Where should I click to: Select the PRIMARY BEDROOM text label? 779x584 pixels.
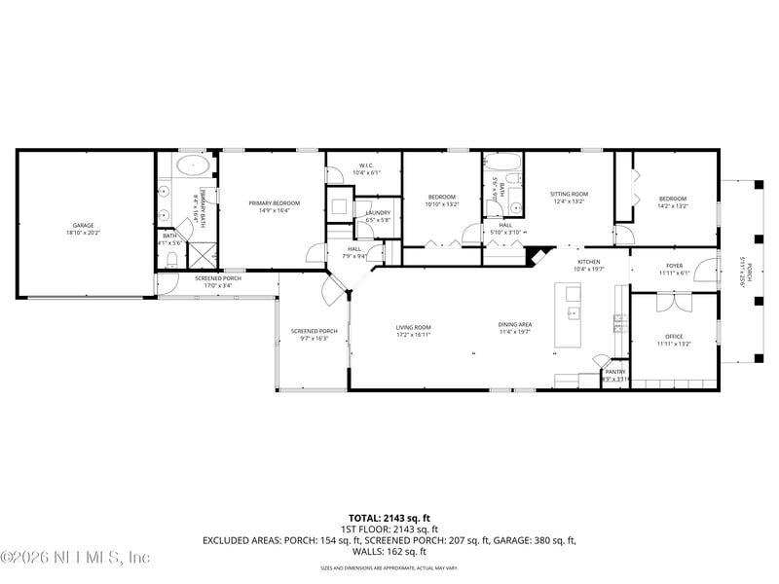(274, 202)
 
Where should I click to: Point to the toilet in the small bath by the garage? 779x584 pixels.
(171, 259)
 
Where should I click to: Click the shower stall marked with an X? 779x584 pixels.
(202, 256)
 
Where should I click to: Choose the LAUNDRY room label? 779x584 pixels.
(378, 212)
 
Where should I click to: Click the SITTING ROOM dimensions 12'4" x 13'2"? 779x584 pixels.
(569, 201)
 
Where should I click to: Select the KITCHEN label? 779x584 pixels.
(589, 262)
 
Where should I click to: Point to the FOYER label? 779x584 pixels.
(674, 265)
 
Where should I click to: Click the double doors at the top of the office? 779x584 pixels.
(673, 303)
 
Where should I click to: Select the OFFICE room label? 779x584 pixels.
(674, 336)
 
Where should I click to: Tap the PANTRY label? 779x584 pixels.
(615, 371)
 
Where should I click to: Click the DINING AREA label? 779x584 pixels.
(515, 324)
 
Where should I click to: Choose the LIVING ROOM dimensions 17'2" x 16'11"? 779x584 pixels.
(413, 334)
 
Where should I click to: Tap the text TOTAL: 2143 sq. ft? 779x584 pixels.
(389, 518)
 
